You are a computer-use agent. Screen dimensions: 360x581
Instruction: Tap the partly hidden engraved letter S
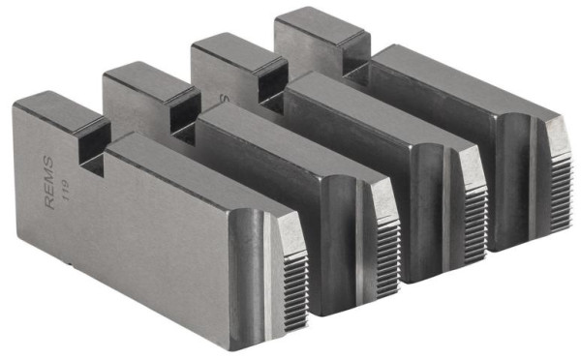tap(221, 100)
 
